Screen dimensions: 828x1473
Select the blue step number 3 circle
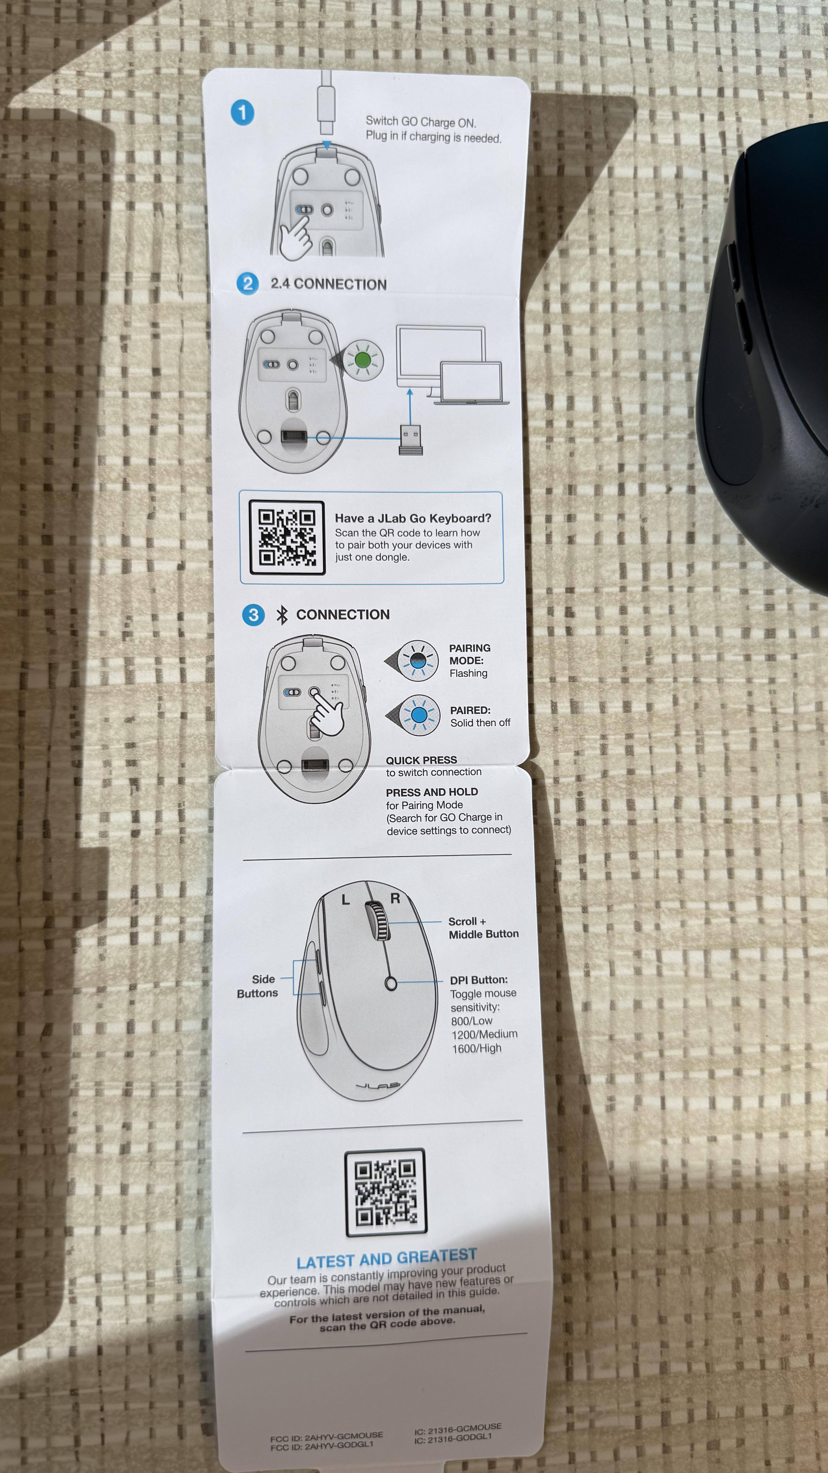tap(253, 615)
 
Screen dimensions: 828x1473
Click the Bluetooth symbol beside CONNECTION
tap(282, 615)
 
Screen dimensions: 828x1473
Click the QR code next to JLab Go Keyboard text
tap(287, 537)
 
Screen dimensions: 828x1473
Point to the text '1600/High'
tap(476, 1048)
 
